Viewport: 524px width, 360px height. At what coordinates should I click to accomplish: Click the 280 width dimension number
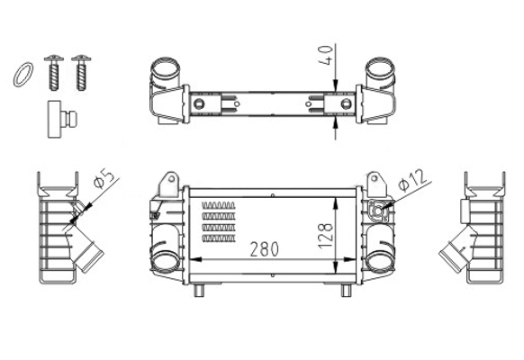pos(265,249)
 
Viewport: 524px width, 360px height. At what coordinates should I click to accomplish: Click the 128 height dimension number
pos(326,236)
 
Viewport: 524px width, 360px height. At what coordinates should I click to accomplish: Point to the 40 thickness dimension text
pos(326,55)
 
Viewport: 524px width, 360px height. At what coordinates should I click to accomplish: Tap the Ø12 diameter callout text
pos(412,180)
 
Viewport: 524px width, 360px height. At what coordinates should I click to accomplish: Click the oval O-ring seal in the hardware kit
pos(23,75)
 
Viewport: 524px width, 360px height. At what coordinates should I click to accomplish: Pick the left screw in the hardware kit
pos(54,73)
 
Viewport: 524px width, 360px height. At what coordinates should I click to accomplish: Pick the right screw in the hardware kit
pos(81,73)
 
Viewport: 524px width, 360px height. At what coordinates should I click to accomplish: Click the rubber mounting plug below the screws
pos(62,119)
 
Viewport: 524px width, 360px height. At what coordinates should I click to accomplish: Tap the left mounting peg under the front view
pos(199,291)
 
